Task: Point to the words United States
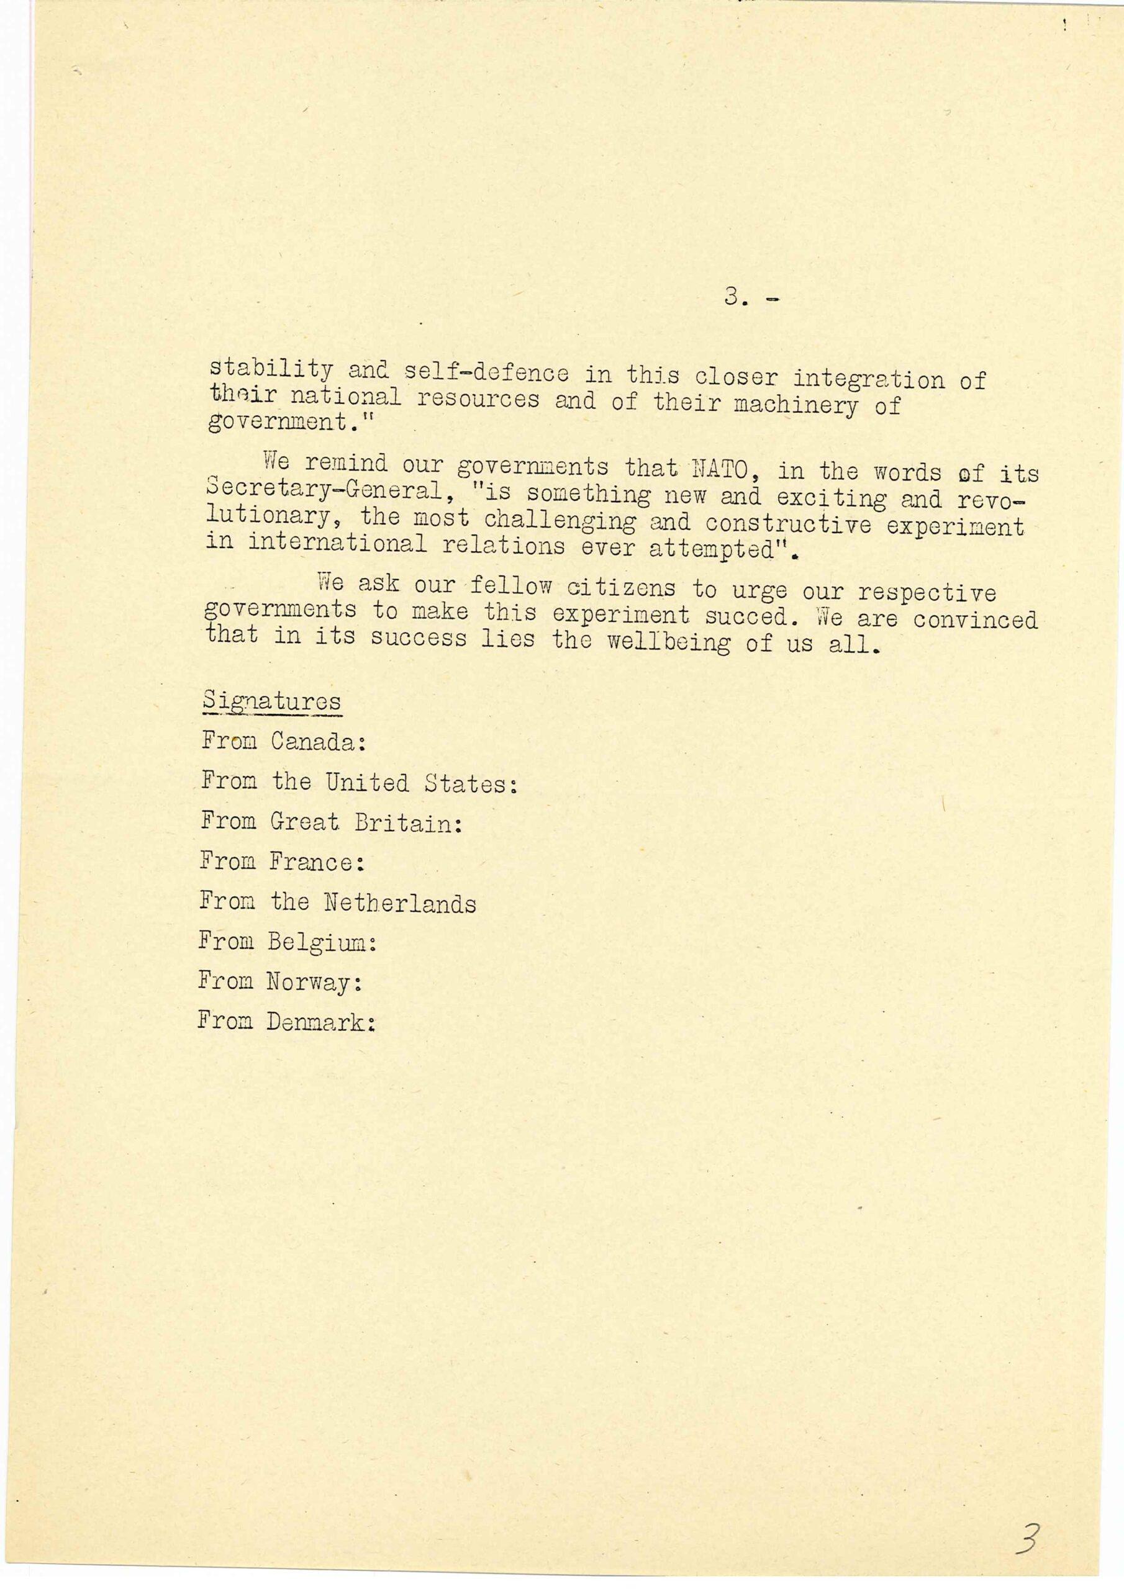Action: coord(421,783)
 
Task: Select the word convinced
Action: coord(975,618)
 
